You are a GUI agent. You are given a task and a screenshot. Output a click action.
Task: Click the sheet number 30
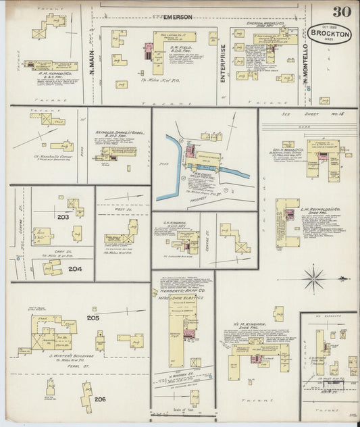pyautogui.click(x=341, y=11)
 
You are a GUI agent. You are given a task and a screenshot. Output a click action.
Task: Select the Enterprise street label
pyautogui.click(x=222, y=61)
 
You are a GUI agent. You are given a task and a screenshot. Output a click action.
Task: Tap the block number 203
pyautogui.click(x=63, y=217)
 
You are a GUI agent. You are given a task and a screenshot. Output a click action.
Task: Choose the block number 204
pyautogui.click(x=74, y=268)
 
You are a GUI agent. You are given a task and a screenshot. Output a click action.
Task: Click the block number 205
pyautogui.click(x=93, y=318)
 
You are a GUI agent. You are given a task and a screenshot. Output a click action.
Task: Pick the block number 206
pyautogui.click(x=100, y=399)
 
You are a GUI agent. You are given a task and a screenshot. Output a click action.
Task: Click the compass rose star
pyautogui.click(x=313, y=277)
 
